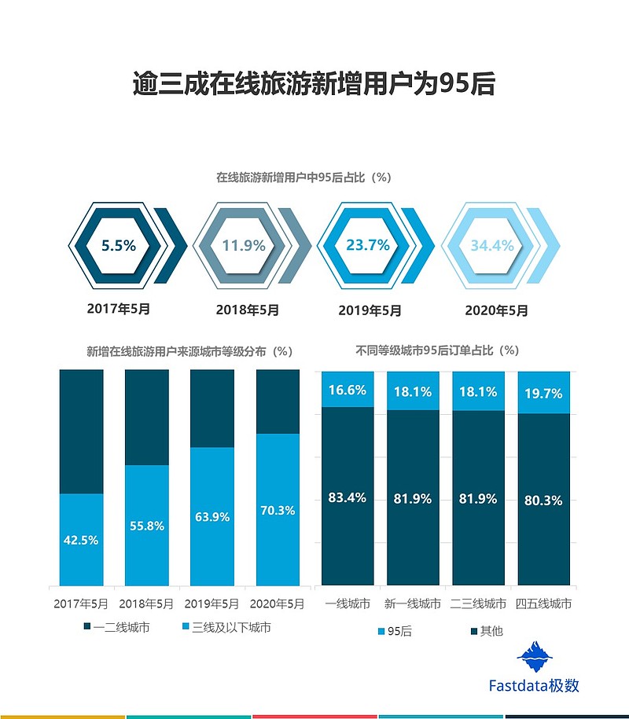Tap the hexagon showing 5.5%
(x=119, y=245)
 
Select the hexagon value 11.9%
(x=243, y=245)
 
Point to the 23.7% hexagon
(x=368, y=245)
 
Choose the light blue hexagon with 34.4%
(x=492, y=245)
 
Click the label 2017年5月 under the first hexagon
(x=119, y=309)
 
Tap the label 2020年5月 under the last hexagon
(x=496, y=310)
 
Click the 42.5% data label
(x=82, y=540)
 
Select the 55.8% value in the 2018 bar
(x=147, y=526)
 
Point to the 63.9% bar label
(x=212, y=517)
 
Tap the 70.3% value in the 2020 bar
(x=278, y=510)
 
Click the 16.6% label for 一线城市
(x=348, y=391)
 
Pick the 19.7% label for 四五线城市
(x=543, y=394)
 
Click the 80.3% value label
(x=543, y=501)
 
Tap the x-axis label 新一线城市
(x=413, y=604)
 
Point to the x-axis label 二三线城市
(x=478, y=604)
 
